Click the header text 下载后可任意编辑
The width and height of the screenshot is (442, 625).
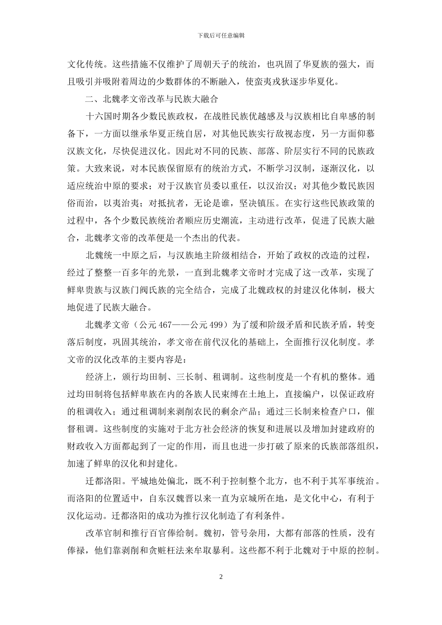[x=221, y=35]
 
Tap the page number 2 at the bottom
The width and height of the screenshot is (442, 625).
[x=221, y=577]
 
